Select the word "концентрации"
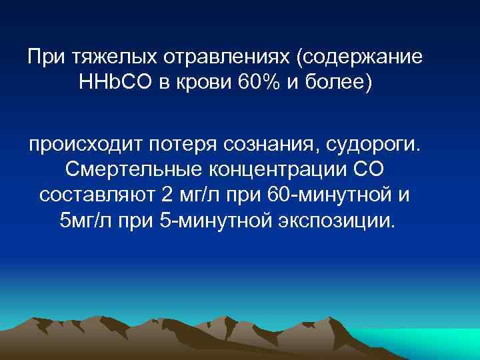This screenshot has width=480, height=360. tap(270, 171)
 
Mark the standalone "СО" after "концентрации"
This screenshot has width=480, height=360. tap(365, 171)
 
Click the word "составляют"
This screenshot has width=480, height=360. tap(97, 196)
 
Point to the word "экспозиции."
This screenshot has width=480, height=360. tap(334, 221)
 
